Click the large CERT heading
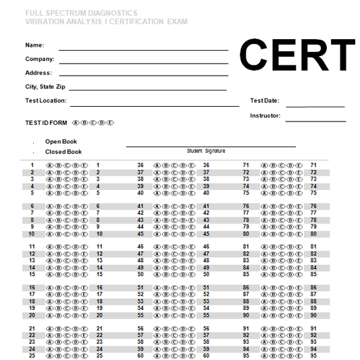coord(298,55)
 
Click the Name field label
coord(34,45)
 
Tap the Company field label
coord(40,59)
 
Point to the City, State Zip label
coord(45,87)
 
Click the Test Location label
coord(45,101)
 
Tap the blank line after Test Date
coord(315,106)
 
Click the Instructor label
coord(265,116)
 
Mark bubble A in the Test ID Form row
coord(75,123)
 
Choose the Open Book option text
coord(61,142)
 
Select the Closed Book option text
coord(63,152)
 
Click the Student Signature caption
coord(206,151)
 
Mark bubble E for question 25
coord(85,355)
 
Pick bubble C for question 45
coord(176,234)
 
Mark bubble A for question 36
coord(157,165)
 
